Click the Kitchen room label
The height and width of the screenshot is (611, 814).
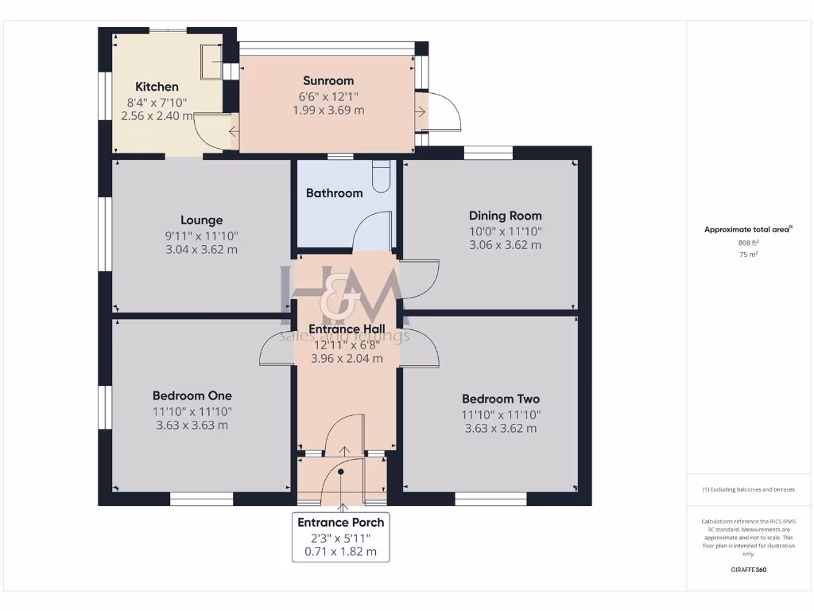[157, 87]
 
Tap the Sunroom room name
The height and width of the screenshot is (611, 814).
[328, 80]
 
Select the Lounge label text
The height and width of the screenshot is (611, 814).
[201, 220]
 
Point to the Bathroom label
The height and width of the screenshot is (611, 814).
[334, 193]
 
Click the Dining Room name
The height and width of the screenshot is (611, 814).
[505, 216]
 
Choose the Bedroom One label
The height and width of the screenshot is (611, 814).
[192, 395]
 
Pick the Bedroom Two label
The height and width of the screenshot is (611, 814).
[501, 399]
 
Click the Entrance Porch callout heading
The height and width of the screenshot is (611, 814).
[341, 523]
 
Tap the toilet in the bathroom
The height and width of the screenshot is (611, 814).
[382, 177]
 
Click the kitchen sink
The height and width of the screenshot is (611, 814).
[211, 61]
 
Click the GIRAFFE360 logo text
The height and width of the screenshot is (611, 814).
[749, 570]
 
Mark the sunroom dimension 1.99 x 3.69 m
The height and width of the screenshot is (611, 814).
[328, 110]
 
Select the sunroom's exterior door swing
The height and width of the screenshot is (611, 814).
[443, 112]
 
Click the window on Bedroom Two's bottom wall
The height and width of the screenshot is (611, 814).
[490, 499]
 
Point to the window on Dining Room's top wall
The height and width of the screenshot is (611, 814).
[488, 152]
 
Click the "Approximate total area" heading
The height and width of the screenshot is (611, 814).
[747, 229]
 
